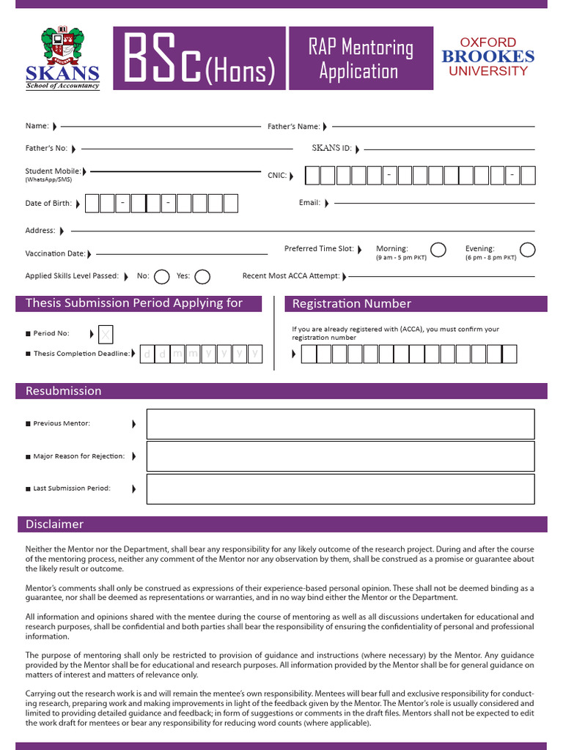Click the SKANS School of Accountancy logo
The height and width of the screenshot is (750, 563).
click(63, 58)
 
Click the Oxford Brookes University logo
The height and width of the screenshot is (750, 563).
click(487, 57)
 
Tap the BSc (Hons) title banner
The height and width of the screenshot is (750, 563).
click(199, 58)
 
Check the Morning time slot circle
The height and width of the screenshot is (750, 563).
click(438, 250)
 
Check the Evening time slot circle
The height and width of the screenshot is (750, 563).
click(527, 250)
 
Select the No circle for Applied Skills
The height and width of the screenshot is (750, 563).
click(162, 276)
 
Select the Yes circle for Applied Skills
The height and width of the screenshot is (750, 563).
click(202, 276)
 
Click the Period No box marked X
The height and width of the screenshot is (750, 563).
click(106, 335)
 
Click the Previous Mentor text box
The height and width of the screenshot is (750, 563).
click(340, 424)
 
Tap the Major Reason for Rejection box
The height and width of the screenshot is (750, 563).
click(340, 456)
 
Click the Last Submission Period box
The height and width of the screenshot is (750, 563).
click(340, 489)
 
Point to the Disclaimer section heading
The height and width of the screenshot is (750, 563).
click(55, 524)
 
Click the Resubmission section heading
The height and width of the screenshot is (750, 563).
click(64, 391)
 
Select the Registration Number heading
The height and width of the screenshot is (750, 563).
click(352, 304)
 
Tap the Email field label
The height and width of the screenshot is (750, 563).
click(309, 203)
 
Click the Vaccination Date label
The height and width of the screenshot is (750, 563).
click(55, 254)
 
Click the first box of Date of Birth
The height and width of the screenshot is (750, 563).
click(92, 204)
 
